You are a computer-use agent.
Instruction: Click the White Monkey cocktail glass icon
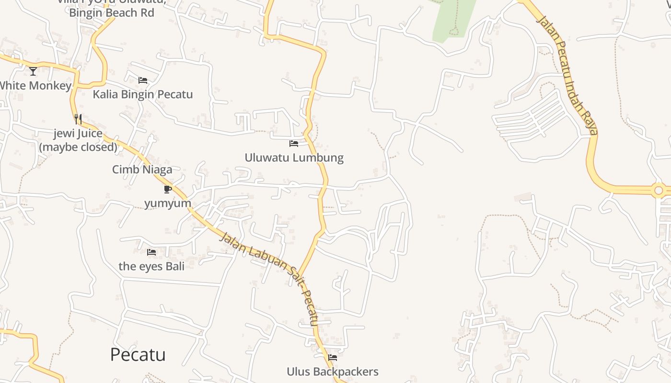[x=33, y=71]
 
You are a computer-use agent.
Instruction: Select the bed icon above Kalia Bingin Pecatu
[x=142, y=80]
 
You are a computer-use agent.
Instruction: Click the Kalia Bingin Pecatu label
[x=143, y=94]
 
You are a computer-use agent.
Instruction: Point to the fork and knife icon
[x=78, y=119]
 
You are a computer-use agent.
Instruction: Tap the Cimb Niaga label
[x=142, y=169]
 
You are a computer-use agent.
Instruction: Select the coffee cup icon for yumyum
[x=167, y=189]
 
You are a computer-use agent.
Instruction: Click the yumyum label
[x=168, y=203]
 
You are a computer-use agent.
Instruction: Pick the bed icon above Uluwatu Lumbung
[x=294, y=143]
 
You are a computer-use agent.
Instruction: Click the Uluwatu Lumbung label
[x=294, y=158]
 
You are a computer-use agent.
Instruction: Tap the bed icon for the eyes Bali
[x=151, y=252]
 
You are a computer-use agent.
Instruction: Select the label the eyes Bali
[x=151, y=266]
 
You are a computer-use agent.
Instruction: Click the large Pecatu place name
[x=138, y=355]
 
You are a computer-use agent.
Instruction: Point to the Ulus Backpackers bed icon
[x=333, y=357]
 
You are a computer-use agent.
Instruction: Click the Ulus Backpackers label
[x=333, y=372]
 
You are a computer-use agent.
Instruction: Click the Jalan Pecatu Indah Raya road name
[x=568, y=74]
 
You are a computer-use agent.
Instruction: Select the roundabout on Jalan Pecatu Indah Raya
[x=659, y=191]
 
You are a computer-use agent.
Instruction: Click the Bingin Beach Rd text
[x=112, y=13]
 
